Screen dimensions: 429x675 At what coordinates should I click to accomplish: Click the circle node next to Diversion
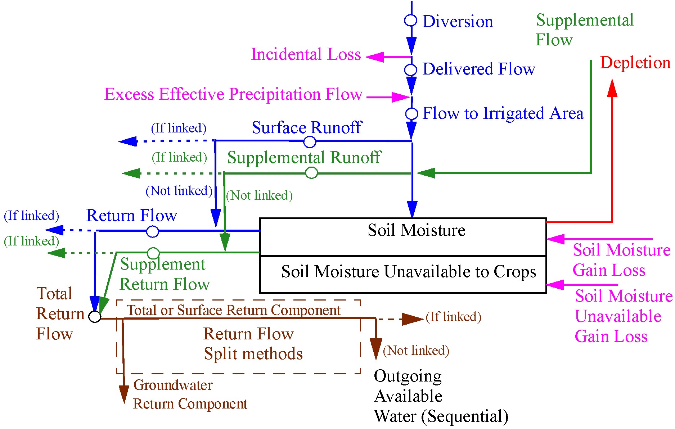[410, 21]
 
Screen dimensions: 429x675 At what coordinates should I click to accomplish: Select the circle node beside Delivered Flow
[410, 70]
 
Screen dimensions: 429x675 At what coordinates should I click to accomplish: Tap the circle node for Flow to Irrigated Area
[411, 114]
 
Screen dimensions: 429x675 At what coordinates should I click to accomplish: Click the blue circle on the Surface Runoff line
[310, 142]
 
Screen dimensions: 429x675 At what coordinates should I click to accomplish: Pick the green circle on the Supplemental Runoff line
[311, 173]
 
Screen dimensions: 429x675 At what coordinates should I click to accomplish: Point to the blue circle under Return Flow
[153, 232]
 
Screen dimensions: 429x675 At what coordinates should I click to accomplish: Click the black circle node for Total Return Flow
[95, 317]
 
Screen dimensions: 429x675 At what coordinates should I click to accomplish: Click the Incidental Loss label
[306, 54]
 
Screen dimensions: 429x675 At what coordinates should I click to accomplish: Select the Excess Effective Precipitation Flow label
[233, 94]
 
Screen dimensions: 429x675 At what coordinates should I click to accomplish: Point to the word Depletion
[635, 63]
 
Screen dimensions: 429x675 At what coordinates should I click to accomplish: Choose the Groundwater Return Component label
[190, 394]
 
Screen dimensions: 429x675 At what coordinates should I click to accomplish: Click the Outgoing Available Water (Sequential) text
[441, 396]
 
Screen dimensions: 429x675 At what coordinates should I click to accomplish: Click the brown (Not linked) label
[416, 350]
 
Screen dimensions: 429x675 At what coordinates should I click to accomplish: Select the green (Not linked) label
[259, 195]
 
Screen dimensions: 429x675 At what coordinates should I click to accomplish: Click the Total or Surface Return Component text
[233, 310]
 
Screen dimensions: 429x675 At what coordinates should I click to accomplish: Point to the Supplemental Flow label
[584, 30]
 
